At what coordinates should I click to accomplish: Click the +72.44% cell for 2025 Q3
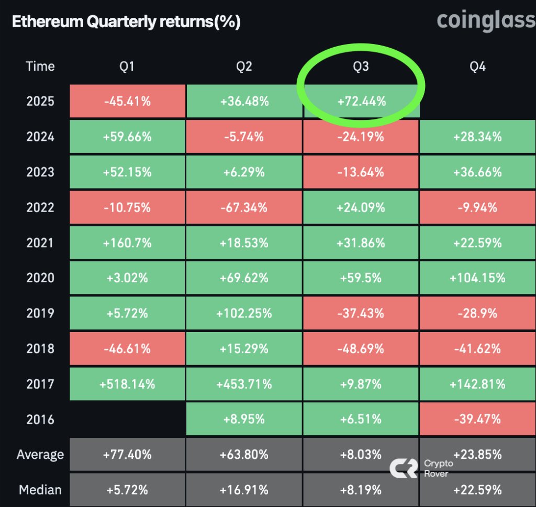[361, 101]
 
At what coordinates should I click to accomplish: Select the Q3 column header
[361, 67]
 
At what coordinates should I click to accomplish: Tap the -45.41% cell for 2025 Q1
[127, 101]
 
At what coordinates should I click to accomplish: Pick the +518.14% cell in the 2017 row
[127, 384]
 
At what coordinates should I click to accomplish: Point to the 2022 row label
[40, 207]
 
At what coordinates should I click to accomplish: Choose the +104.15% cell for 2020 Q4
[477, 278]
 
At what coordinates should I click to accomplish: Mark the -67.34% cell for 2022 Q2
[244, 207]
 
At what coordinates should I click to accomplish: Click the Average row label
[40, 455]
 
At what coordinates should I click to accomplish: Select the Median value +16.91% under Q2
[244, 490]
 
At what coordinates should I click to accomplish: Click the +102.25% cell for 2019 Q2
[244, 313]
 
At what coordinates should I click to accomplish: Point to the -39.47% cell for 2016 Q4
[477, 419]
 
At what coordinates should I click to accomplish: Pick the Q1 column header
[127, 67]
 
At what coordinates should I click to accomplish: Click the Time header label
[40, 67]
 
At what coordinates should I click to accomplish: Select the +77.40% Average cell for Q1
[127, 455]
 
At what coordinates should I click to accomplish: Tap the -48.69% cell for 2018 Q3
[361, 349]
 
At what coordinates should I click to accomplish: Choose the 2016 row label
[40, 419]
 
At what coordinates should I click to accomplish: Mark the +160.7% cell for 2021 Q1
[127, 243]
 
